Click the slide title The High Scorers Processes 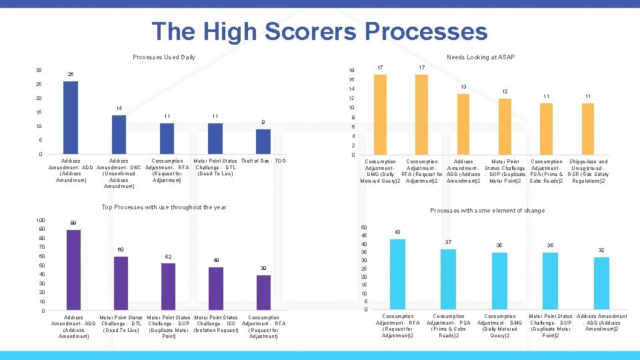tap(319, 31)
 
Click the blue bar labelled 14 tap(119, 135)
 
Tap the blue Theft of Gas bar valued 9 tap(263, 141)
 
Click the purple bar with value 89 tap(73, 269)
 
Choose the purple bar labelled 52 tap(169, 286)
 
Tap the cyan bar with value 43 tap(397, 274)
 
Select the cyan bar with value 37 tap(449, 279)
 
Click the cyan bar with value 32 tap(601, 283)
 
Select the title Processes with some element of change tap(487, 211)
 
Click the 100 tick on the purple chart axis tap(41, 220)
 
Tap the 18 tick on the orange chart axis tap(352, 71)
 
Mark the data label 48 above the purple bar tap(216, 260)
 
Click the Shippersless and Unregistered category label tap(589, 171)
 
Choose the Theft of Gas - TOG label tap(263, 161)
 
